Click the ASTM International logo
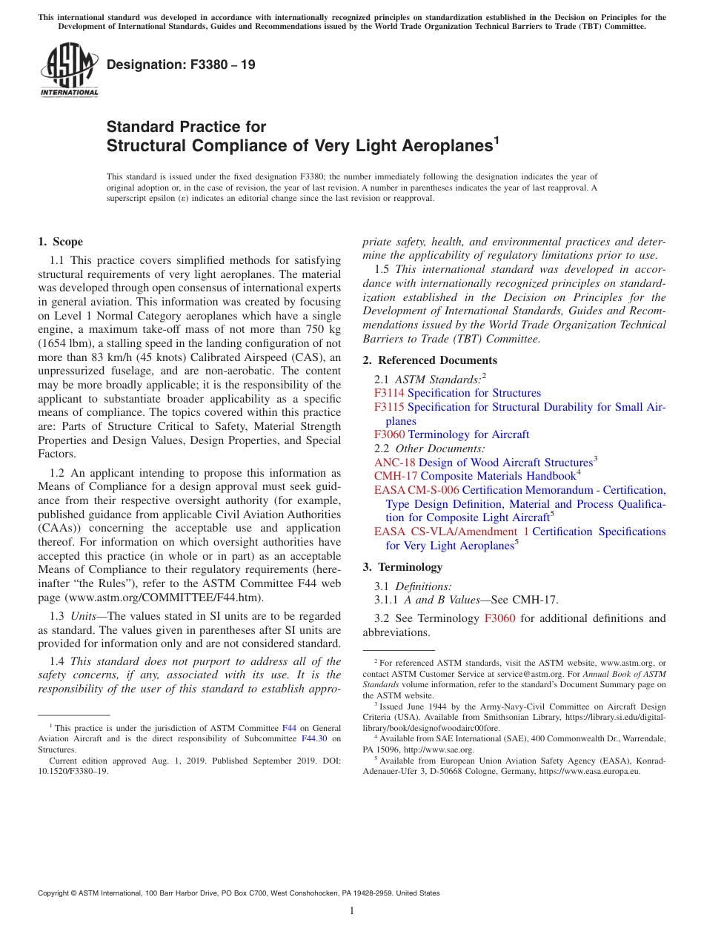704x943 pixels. (x=69, y=71)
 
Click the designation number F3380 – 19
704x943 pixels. (x=181, y=65)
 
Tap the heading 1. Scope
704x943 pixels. (x=60, y=242)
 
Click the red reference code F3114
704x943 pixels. (x=389, y=393)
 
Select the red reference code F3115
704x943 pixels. (x=389, y=407)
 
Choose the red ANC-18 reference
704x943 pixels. (x=394, y=462)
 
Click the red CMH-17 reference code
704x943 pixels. (x=395, y=476)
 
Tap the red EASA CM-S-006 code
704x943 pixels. (x=416, y=490)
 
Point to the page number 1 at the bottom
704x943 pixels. (x=352, y=911)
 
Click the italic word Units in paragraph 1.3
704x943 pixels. (x=83, y=616)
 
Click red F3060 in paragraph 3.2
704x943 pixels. (x=499, y=618)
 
